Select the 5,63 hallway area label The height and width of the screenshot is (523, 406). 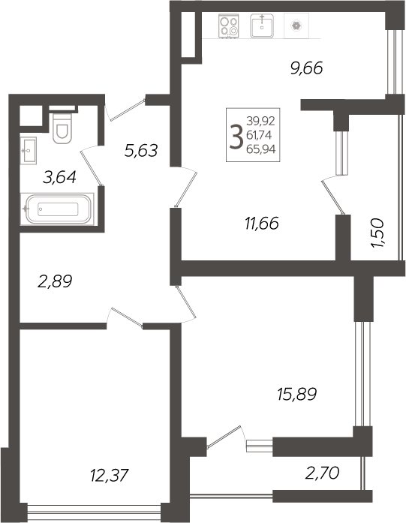click(x=140, y=151)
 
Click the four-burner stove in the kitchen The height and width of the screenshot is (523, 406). click(x=229, y=27)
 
